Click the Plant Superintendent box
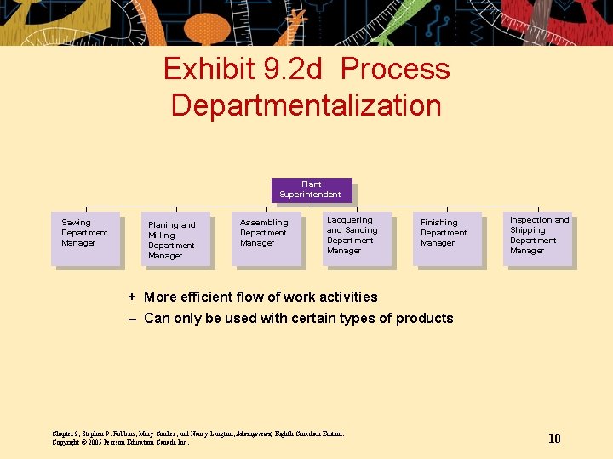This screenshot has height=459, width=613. point(311,190)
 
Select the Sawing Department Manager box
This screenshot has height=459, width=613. point(85,238)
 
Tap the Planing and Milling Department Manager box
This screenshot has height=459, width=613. point(175,240)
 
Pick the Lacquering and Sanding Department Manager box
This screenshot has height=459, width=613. point(358,237)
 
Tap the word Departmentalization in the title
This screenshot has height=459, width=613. point(306,105)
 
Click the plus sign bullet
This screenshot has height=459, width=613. point(132,297)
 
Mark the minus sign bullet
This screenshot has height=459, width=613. point(132,319)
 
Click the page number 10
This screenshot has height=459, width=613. point(554,439)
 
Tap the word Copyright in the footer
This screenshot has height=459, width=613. point(68,442)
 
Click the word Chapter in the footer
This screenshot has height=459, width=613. point(65,433)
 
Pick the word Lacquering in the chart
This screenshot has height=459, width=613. point(350,220)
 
